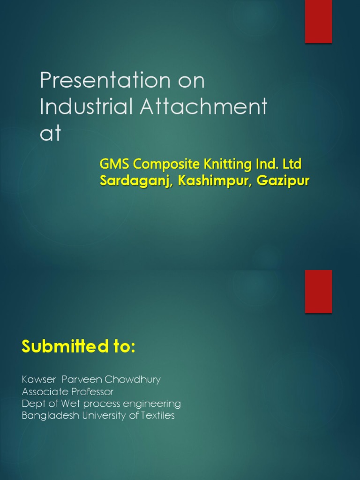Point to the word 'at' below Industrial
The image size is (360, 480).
50,133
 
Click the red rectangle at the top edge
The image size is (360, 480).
318,22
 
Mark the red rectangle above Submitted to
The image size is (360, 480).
318,291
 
